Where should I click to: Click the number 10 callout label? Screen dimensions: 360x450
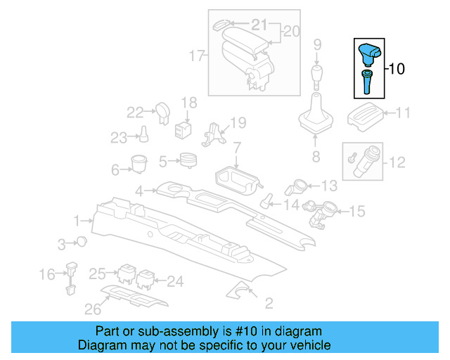point(397,69)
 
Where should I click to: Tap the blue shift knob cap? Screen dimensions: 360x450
point(369,52)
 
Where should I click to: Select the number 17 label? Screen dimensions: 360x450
point(198,54)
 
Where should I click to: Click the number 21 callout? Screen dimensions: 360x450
point(260,25)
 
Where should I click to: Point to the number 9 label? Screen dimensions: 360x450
point(318,45)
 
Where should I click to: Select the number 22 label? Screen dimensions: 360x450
point(135,111)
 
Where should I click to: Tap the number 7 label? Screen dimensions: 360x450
point(237,148)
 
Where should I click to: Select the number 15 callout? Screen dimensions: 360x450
point(357,210)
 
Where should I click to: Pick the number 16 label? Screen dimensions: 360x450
point(47,274)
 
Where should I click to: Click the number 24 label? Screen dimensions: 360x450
point(174,281)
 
